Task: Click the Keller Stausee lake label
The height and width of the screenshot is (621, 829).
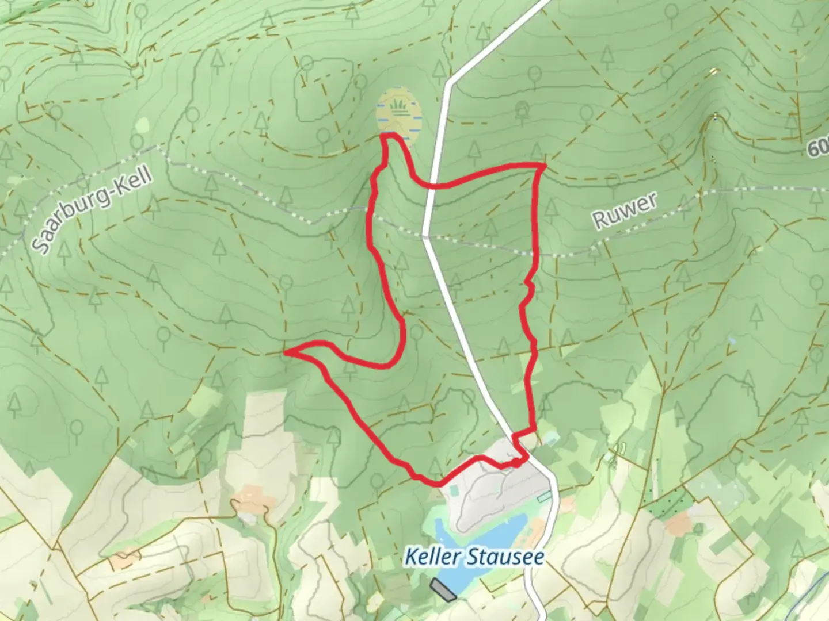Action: click(474, 557)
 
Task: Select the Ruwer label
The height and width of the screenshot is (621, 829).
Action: click(625, 210)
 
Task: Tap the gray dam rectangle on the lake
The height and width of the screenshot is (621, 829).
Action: click(443, 590)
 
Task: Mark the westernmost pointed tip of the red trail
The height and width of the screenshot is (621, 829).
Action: click(286, 352)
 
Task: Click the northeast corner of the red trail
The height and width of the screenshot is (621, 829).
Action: click(543, 166)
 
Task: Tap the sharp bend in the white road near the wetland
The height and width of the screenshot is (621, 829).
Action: click(449, 83)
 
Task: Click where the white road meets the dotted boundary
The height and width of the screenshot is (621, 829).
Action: click(425, 235)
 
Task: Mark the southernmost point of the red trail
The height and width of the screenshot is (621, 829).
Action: click(438, 484)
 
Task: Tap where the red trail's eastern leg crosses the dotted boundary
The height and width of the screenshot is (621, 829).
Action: click(537, 253)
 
